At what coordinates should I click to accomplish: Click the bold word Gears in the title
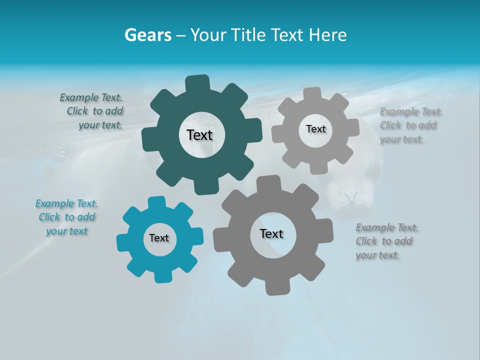click(147, 35)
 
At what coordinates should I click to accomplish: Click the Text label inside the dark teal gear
click(199, 135)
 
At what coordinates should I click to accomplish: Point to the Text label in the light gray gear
click(315, 129)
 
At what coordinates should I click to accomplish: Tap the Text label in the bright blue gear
click(159, 238)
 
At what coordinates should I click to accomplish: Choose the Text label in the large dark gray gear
click(271, 233)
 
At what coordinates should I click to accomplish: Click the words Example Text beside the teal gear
click(91, 97)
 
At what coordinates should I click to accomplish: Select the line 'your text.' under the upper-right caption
click(401, 139)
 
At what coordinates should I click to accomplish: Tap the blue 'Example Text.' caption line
click(67, 203)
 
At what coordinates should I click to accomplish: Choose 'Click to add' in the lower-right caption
click(384, 241)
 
